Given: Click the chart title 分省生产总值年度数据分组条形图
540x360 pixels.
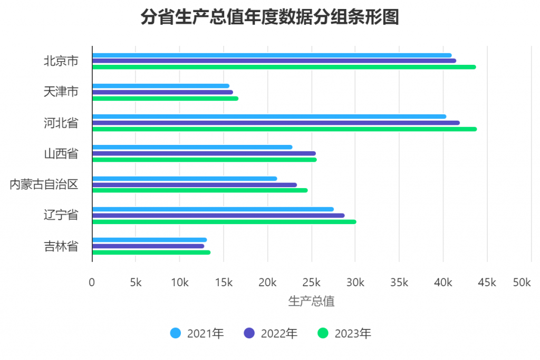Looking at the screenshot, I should point(269,17).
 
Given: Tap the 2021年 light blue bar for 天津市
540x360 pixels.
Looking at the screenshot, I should point(161,86).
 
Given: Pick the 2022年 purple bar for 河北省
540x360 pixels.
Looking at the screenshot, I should point(276,123).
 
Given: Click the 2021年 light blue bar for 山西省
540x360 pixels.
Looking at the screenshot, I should point(192,147).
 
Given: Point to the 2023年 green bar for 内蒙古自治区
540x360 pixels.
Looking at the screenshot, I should point(200,190).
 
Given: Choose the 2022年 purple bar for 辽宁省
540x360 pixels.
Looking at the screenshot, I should point(218,216).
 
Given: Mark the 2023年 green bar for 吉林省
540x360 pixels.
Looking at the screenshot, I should point(151,252).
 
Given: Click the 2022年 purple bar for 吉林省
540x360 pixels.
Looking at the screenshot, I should point(148,246).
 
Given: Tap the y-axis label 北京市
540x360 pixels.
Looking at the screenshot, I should point(61,61).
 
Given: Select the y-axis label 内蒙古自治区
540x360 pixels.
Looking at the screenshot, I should point(44,184).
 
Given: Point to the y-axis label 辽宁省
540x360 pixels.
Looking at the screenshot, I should point(61,215).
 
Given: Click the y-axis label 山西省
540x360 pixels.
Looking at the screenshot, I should point(61,153).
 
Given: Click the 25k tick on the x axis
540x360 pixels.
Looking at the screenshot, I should point(311,283).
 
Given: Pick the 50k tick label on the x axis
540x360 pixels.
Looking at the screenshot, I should point(522,283).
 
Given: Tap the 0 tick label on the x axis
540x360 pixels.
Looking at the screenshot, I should point(92,283).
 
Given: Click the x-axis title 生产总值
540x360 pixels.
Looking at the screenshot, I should point(311,301).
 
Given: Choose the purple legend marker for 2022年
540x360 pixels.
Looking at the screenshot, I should point(249,334).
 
